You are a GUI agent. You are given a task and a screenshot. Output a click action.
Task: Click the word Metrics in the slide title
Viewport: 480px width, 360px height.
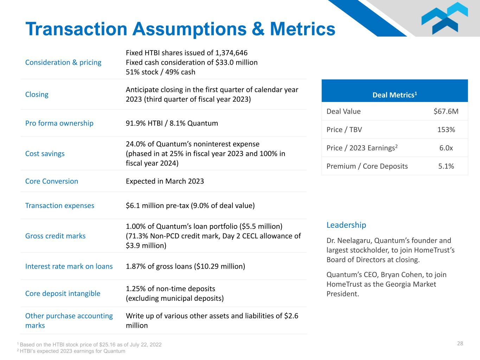pos(303,29)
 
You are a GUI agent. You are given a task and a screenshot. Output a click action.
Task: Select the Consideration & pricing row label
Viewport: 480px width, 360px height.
pos(63,63)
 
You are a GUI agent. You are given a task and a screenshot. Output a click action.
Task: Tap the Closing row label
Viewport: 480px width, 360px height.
pos(37,95)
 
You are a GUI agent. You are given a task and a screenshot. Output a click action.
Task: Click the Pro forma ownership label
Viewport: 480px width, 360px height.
pos(59,123)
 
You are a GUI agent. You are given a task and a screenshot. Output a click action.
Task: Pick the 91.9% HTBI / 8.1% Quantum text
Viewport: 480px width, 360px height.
pos(172,123)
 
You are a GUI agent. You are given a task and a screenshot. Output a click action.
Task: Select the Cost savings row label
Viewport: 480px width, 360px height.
pos(45,154)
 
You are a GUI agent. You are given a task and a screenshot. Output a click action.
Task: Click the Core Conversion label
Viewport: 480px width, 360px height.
pos(52,181)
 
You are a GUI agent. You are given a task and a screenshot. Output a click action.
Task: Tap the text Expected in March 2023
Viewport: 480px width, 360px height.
pos(165,181)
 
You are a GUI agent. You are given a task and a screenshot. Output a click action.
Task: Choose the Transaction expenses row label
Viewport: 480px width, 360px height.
pos(60,206)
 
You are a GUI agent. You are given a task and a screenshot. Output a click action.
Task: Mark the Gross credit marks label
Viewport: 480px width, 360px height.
pos(56,236)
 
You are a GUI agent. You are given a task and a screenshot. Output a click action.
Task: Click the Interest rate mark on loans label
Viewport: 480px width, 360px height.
pos(69,266)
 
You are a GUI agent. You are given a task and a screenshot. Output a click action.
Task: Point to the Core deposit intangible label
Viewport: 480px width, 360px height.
pos(63,294)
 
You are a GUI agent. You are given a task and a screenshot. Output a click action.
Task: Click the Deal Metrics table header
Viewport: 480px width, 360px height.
pos(395,95)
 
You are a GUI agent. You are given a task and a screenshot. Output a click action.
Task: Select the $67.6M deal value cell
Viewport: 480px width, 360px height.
pos(446,111)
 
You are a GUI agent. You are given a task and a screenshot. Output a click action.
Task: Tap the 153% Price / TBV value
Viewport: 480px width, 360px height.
pos(446,130)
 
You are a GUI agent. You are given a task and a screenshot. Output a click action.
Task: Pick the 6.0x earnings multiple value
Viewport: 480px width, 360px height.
pos(446,148)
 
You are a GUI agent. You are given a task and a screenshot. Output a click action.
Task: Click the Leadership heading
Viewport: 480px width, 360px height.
pos(346,225)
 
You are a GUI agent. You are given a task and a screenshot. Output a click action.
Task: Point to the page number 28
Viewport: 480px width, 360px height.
pos(460,343)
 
